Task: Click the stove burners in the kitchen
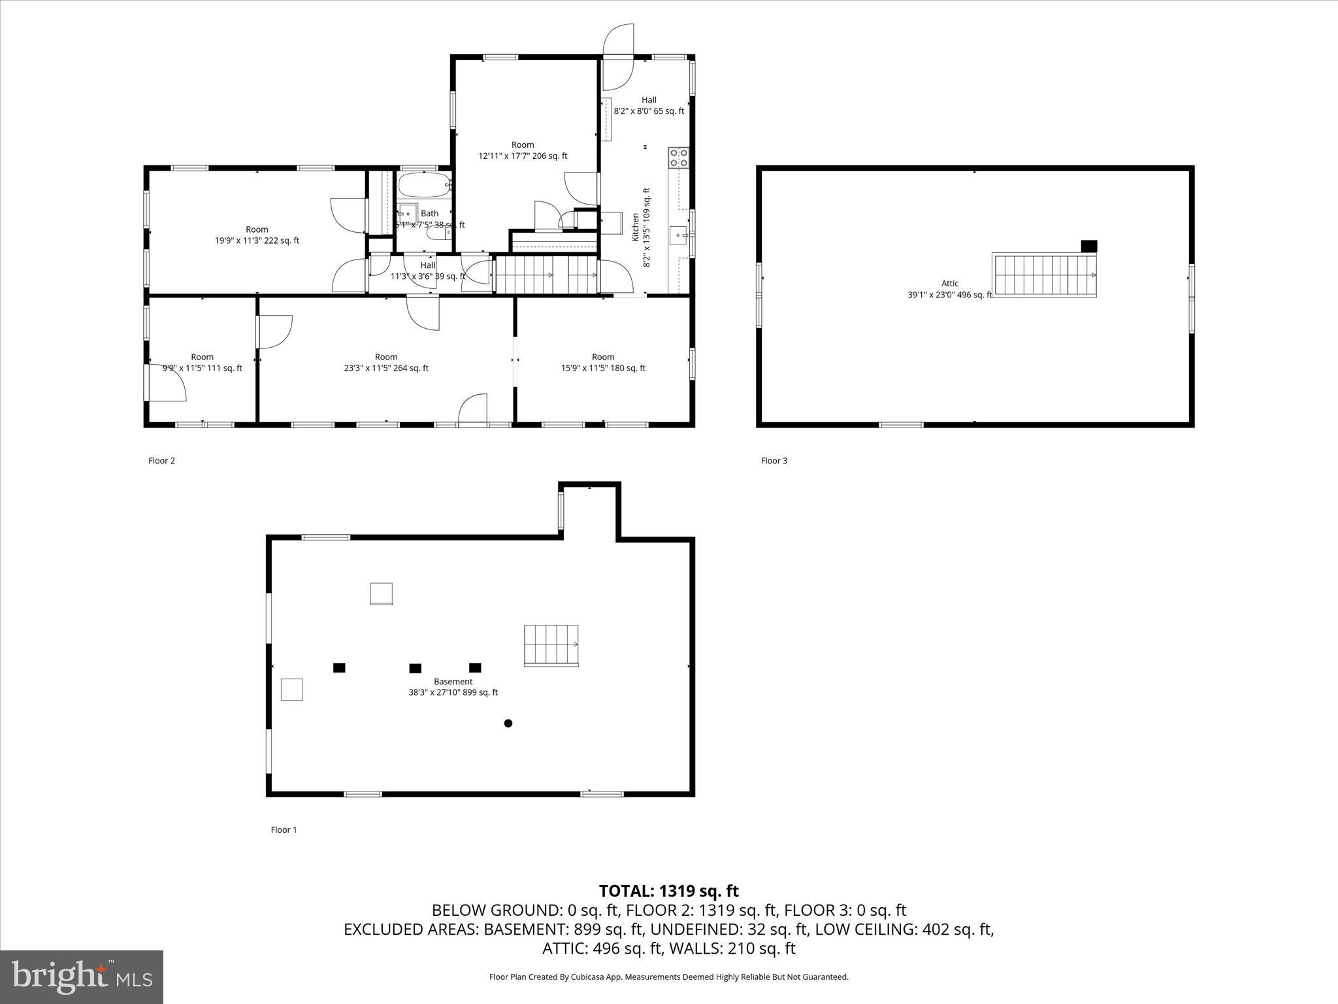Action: pyautogui.click(x=678, y=158)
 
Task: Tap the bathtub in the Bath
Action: pyautogui.click(x=425, y=186)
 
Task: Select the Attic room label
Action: pyautogui.click(x=950, y=283)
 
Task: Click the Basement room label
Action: pyautogui.click(x=453, y=681)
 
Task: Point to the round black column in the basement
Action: pyautogui.click(x=508, y=723)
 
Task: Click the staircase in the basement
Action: pyautogui.click(x=551, y=645)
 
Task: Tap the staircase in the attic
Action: pyautogui.click(x=1044, y=275)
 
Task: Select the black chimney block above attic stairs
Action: pyautogui.click(x=1089, y=246)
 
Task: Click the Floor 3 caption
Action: pyautogui.click(x=774, y=461)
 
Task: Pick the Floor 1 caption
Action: pyautogui.click(x=284, y=829)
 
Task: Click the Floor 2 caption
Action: pyautogui.click(x=161, y=461)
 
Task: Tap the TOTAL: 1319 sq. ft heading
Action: pyautogui.click(x=669, y=891)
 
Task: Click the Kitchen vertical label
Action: pyautogui.click(x=635, y=227)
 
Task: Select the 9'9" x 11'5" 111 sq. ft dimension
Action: pyautogui.click(x=203, y=368)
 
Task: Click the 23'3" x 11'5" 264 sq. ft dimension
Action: pyautogui.click(x=386, y=368)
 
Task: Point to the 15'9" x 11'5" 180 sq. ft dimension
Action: pyautogui.click(x=603, y=368)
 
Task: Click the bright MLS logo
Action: pyautogui.click(x=82, y=977)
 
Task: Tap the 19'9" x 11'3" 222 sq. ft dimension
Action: pyautogui.click(x=257, y=241)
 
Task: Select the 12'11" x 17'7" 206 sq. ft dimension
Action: pyautogui.click(x=523, y=156)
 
